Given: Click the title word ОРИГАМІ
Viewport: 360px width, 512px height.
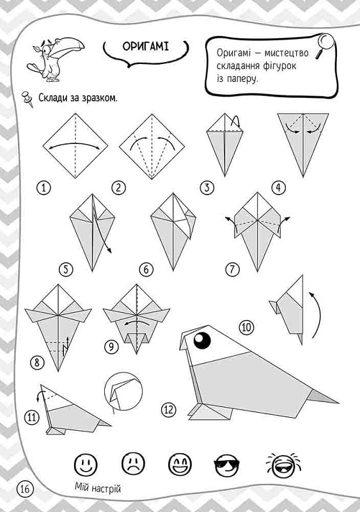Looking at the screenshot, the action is pos(146,47).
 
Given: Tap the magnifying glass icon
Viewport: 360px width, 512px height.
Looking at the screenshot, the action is pos(325,45).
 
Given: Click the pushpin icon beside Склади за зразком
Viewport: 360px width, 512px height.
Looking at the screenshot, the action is pos(27,99).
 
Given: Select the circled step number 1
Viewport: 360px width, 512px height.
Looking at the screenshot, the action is pos(44,188).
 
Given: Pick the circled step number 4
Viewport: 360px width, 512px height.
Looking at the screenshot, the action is pos(278,188).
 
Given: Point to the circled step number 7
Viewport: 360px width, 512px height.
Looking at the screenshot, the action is pos(232,269).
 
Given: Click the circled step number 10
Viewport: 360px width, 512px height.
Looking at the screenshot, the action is pos(246,327).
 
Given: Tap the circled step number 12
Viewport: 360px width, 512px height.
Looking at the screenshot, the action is pos(168,410).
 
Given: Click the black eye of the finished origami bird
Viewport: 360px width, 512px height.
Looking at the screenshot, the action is pos(202,341).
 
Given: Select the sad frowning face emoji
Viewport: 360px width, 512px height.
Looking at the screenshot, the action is pos(133,465).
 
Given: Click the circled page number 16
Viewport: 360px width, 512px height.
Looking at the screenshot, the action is pos(25,489).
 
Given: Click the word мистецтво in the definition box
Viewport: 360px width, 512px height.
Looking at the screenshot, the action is pos(286,53).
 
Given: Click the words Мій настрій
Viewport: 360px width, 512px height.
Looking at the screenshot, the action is pos(98,488).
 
